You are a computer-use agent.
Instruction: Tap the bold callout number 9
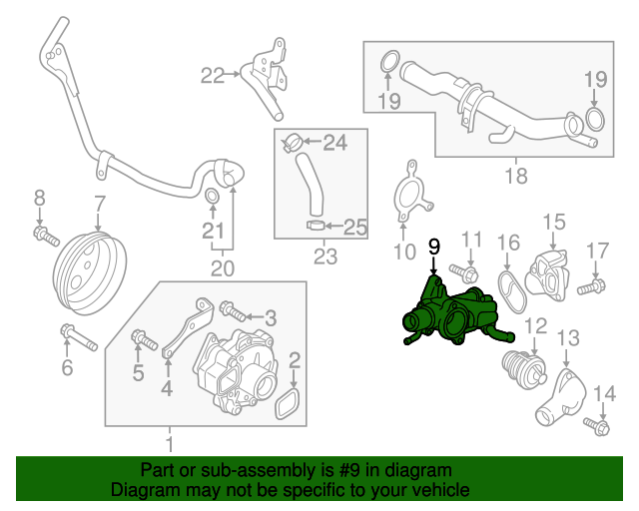(433, 246)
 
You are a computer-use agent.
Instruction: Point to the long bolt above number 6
(76, 336)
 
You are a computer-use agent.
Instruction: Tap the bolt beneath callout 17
(589, 287)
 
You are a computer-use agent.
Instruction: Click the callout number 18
(515, 178)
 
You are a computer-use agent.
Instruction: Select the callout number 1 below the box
(169, 442)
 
